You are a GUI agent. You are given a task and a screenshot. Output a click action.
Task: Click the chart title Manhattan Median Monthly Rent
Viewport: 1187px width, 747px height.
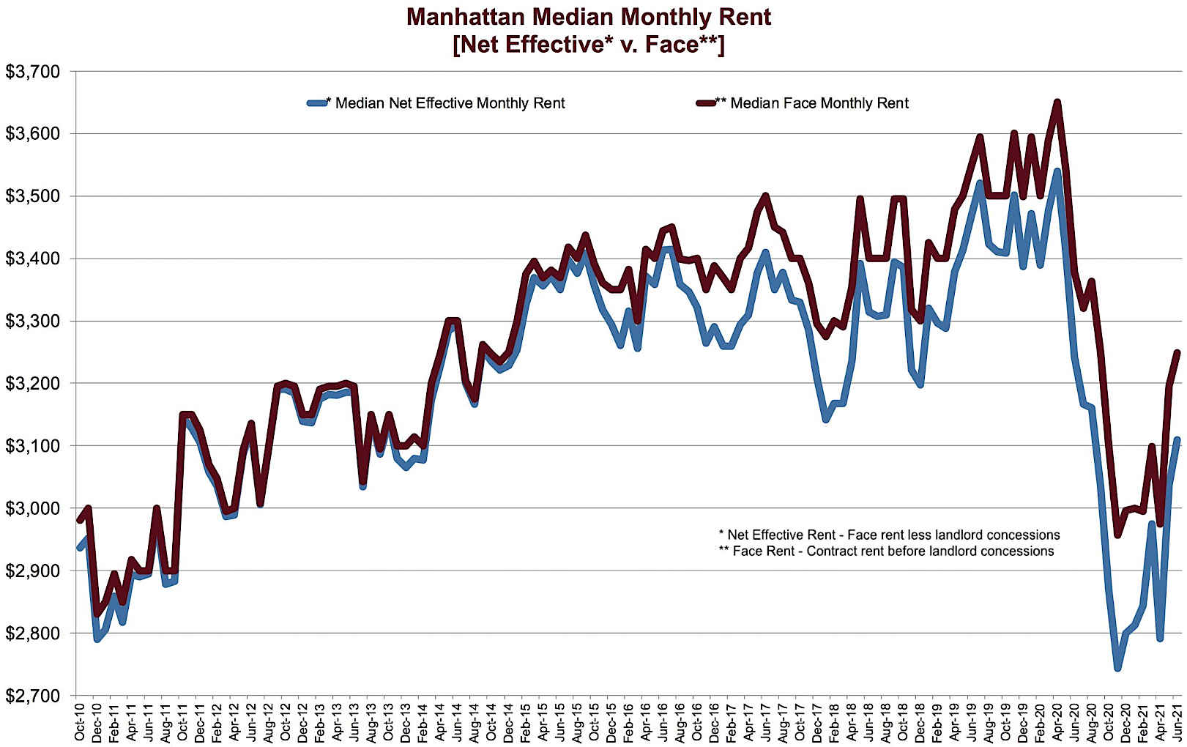(x=589, y=16)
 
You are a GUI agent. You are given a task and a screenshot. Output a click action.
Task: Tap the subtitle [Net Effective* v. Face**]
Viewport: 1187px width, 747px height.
(x=589, y=45)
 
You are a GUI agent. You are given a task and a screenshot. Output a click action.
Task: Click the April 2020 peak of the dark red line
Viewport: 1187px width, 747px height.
(x=1057, y=102)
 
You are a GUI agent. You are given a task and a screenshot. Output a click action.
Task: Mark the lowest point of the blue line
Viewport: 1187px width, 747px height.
(x=1117, y=668)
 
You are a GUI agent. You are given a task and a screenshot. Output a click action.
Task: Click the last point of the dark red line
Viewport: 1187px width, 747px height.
(x=1177, y=352)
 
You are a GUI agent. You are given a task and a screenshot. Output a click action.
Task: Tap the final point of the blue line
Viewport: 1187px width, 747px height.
(x=1177, y=439)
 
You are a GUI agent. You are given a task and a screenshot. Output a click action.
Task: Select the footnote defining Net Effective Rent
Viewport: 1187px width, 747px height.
(x=889, y=535)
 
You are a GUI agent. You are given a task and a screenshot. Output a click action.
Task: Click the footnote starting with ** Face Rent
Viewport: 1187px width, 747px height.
(x=886, y=551)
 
